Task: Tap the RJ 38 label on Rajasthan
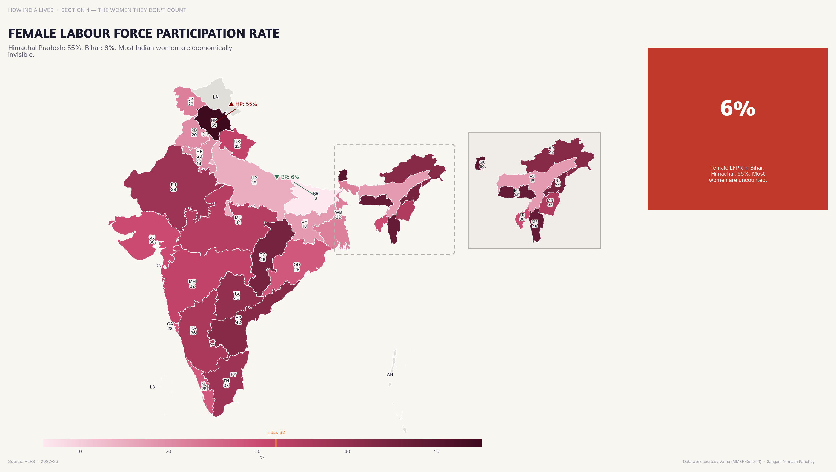pyautogui.click(x=174, y=187)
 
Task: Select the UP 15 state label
pyautogui.click(x=254, y=181)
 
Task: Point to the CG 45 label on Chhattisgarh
pyautogui.click(x=262, y=257)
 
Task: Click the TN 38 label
pyautogui.click(x=226, y=383)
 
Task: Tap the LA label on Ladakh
pyautogui.click(x=216, y=97)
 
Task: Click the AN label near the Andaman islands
pyautogui.click(x=390, y=374)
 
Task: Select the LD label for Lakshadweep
pyautogui.click(x=153, y=387)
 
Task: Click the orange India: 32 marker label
pyautogui.click(x=276, y=432)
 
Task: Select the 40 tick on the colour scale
pyautogui.click(x=347, y=451)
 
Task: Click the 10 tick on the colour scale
pyautogui.click(x=79, y=451)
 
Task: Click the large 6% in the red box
pyautogui.click(x=737, y=109)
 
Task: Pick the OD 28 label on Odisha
pyautogui.click(x=297, y=267)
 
